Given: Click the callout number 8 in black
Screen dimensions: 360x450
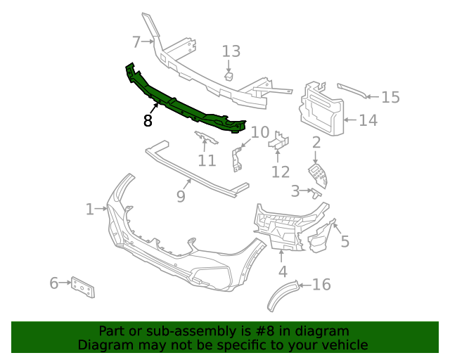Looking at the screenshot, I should click(x=148, y=121).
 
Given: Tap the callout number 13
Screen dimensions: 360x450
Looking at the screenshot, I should click(x=231, y=51).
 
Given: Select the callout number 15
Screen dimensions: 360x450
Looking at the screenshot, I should click(x=390, y=98).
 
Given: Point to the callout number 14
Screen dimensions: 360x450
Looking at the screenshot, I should click(x=368, y=121).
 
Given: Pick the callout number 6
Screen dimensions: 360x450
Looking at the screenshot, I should click(x=54, y=283).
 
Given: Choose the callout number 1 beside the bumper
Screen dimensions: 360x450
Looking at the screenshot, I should click(x=90, y=210).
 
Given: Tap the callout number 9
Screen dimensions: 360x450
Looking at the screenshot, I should click(x=181, y=197).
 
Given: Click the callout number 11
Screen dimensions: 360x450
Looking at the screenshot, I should click(x=206, y=161).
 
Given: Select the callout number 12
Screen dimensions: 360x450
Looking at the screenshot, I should click(x=281, y=172).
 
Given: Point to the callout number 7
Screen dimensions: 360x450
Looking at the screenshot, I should click(x=136, y=41).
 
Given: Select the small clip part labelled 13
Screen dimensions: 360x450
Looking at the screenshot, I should click(x=229, y=75).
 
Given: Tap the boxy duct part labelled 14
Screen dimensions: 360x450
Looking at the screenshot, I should click(x=322, y=109).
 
